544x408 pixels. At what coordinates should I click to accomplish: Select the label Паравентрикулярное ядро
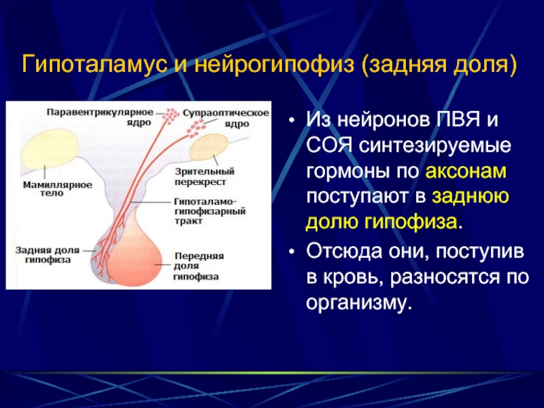pyautogui.click(x=100, y=117)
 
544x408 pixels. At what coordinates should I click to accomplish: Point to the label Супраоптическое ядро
pyautogui.click(x=226, y=118)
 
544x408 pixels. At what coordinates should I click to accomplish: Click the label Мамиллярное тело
pyautogui.click(x=58, y=189)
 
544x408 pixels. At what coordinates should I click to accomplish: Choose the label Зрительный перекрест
pyautogui.click(x=205, y=176)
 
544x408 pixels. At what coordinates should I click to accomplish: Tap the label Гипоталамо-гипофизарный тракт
pyautogui.click(x=210, y=211)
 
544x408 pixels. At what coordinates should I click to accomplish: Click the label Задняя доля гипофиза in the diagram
pyautogui.click(x=48, y=255)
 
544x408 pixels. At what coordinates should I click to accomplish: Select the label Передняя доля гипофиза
pyautogui.click(x=199, y=266)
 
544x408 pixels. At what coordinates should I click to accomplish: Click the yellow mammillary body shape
pyautogui.click(x=49, y=148)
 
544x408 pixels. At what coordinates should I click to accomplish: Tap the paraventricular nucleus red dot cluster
pyautogui.click(x=171, y=116)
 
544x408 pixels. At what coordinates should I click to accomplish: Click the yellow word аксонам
pyautogui.click(x=466, y=171)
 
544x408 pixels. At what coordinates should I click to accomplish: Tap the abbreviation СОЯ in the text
pyautogui.click(x=329, y=146)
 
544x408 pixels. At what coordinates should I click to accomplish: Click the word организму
pyautogui.click(x=359, y=303)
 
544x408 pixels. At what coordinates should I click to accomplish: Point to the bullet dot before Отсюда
pyautogui.click(x=292, y=251)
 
